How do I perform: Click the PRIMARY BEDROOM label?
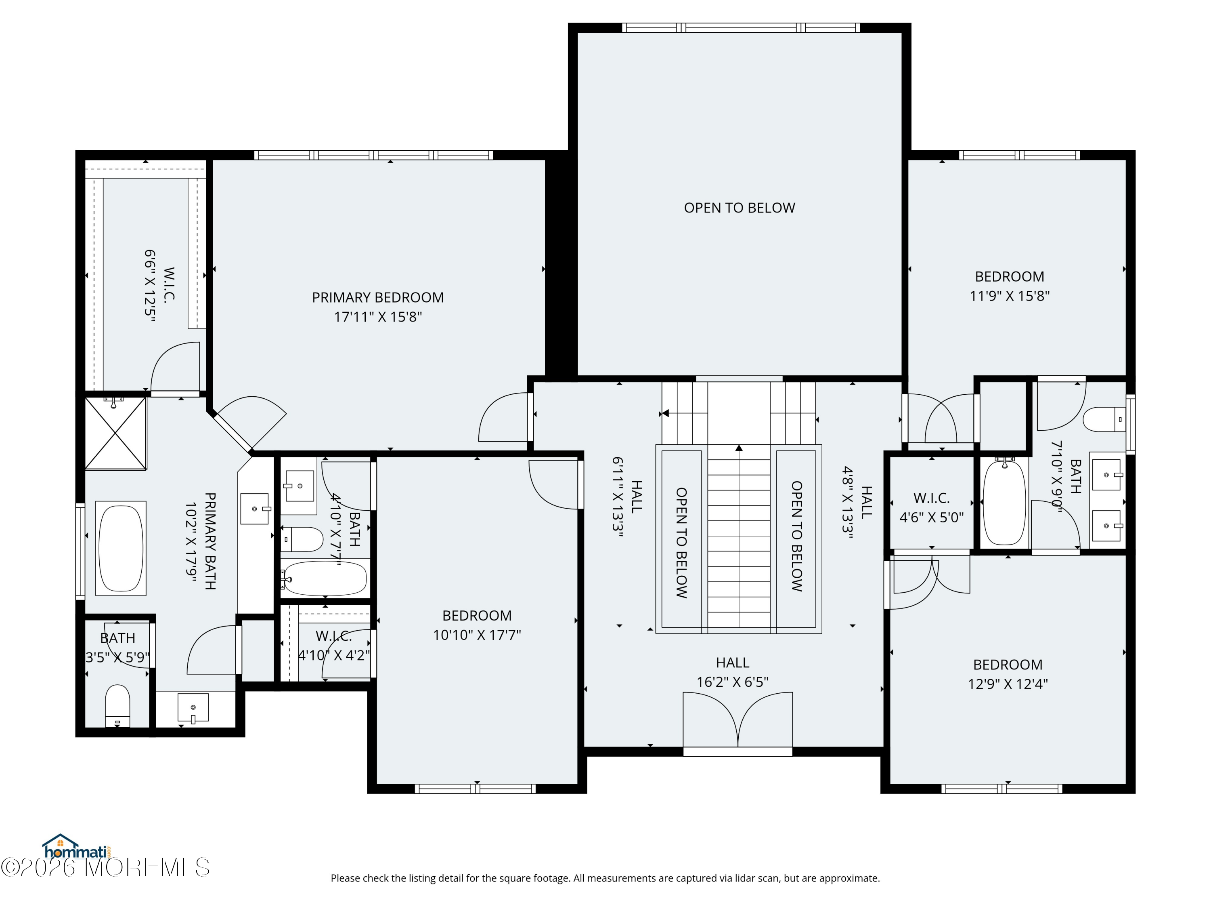(x=378, y=297)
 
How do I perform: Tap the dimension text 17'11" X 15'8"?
(x=378, y=317)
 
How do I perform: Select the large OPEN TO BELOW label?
(x=739, y=208)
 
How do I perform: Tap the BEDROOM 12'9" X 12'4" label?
(x=1007, y=665)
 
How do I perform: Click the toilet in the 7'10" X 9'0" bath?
(x=1103, y=419)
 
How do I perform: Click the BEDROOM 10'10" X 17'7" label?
(x=477, y=616)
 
